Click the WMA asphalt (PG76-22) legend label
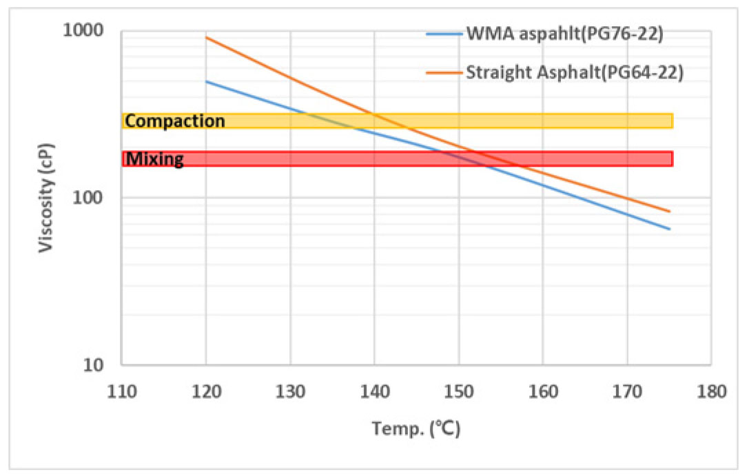click(564, 34)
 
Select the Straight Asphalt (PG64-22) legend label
click(575, 72)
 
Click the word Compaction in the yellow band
click(175, 121)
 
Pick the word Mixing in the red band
click(155, 160)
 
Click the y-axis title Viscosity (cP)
click(46, 198)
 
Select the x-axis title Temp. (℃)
click(416, 429)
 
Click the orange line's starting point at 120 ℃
click(207, 38)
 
